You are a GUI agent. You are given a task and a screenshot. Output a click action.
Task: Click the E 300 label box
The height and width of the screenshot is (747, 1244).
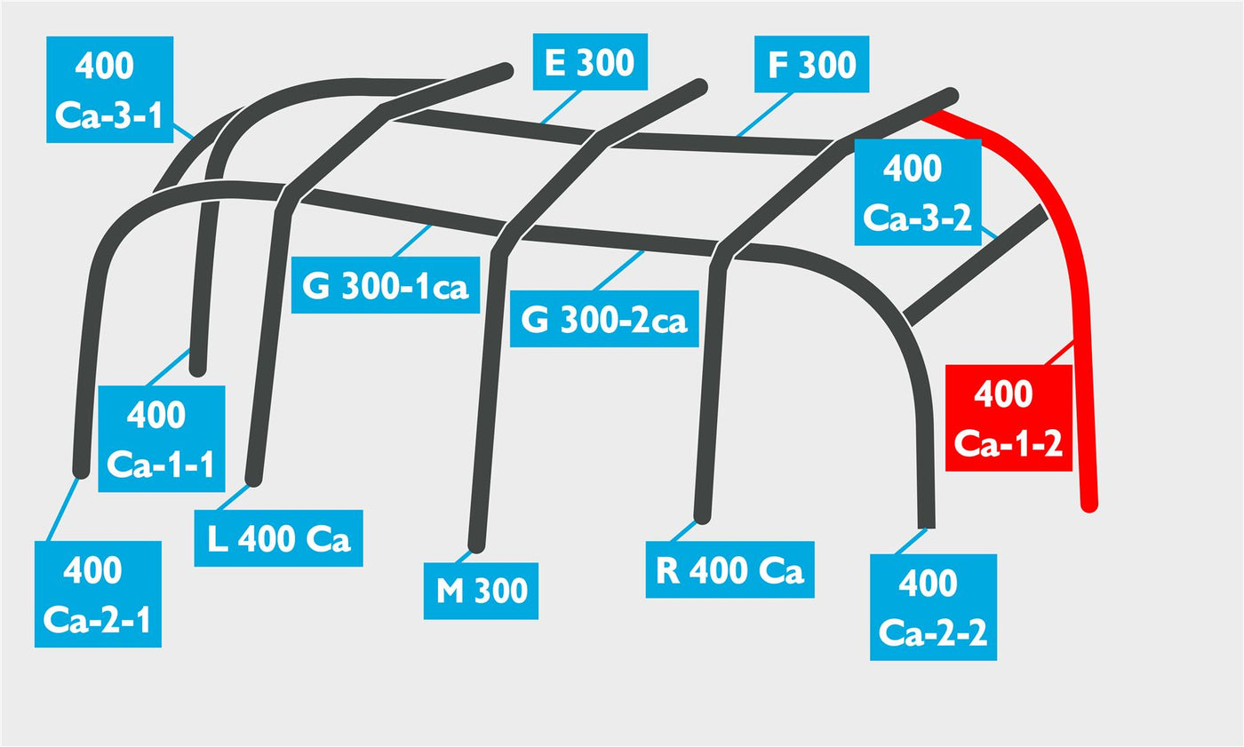click(590, 61)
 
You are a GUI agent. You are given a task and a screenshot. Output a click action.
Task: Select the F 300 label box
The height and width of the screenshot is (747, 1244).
click(811, 64)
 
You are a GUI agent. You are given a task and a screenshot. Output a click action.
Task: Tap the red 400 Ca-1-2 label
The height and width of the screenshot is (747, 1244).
click(1009, 417)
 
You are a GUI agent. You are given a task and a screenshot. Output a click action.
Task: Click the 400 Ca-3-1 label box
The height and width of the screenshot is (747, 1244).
click(109, 90)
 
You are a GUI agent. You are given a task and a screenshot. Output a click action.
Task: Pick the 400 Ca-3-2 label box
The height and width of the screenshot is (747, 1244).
click(917, 192)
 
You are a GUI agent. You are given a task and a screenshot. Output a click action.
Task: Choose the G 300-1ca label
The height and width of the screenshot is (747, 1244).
click(386, 285)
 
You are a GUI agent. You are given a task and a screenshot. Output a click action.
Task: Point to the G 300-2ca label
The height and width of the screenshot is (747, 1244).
click(604, 319)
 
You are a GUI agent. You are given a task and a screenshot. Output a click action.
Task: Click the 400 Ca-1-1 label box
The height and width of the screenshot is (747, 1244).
click(162, 439)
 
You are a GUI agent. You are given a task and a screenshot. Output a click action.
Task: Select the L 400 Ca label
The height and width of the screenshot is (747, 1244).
click(278, 538)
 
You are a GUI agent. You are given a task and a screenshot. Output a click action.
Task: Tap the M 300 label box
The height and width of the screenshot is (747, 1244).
click(481, 591)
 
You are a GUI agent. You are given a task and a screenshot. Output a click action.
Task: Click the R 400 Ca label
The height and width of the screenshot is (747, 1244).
click(730, 569)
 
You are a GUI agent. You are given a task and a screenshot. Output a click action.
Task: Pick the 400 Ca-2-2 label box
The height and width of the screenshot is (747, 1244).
click(933, 608)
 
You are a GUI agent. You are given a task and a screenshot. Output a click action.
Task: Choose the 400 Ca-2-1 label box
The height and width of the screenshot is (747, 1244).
click(98, 594)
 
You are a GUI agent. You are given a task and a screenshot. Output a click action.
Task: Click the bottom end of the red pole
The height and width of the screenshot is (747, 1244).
click(1089, 505)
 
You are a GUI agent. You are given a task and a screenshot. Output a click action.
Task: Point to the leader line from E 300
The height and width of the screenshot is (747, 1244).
click(561, 107)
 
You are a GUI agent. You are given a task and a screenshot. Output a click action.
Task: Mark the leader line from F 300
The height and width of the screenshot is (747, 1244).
click(764, 115)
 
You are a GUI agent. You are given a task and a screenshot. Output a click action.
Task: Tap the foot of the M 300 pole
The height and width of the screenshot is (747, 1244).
click(476, 545)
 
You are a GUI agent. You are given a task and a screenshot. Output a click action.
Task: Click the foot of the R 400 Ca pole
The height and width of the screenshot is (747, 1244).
click(703, 517)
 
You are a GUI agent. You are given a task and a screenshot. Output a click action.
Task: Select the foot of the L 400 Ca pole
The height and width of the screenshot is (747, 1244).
click(253, 479)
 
